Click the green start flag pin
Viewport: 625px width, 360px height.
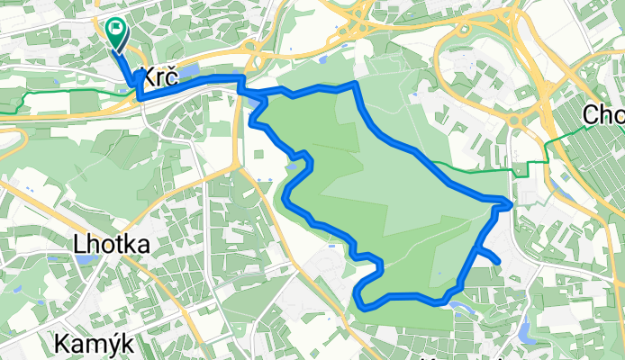pyautogui.click(x=117, y=33)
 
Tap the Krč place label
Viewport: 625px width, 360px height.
pyautogui.click(x=157, y=78)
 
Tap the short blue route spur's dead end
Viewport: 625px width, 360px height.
pyautogui.click(x=498, y=262)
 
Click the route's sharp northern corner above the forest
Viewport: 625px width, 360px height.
pyautogui.click(x=356, y=84)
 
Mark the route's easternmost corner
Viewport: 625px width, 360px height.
pyautogui.click(x=511, y=204)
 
